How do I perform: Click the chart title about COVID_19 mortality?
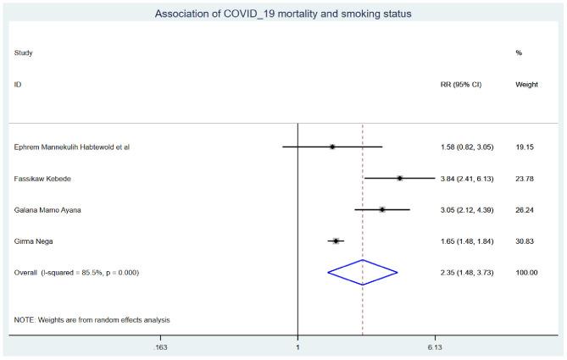[x=283, y=14]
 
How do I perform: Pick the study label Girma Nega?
[x=35, y=241]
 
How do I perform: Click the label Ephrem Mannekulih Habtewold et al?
[x=72, y=147]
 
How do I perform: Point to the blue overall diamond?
[x=363, y=272]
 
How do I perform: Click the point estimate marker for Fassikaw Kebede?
[x=399, y=178]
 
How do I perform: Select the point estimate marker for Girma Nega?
[x=336, y=241]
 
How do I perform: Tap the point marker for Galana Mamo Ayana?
[x=382, y=209]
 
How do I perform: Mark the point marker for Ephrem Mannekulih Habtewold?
[x=332, y=147]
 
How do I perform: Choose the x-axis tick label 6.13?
[x=435, y=347]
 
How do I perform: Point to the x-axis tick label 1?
[x=297, y=347]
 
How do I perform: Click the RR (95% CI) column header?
[x=456, y=85]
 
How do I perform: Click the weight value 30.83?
[x=525, y=241]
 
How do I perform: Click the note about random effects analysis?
[x=92, y=319]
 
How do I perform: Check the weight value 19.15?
[x=525, y=147]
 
